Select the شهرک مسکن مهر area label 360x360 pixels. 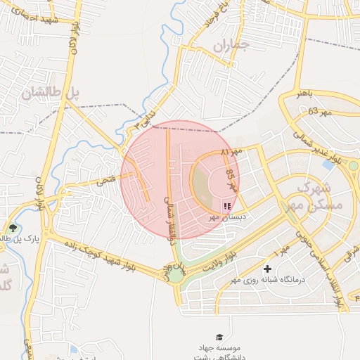point(317,195)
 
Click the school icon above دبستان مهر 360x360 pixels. point(226,206)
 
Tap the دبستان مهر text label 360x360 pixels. point(224,218)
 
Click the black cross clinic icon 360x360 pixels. point(267,269)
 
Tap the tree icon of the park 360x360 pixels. point(12,228)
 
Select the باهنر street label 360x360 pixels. point(309,92)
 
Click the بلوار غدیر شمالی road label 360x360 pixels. point(328,149)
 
